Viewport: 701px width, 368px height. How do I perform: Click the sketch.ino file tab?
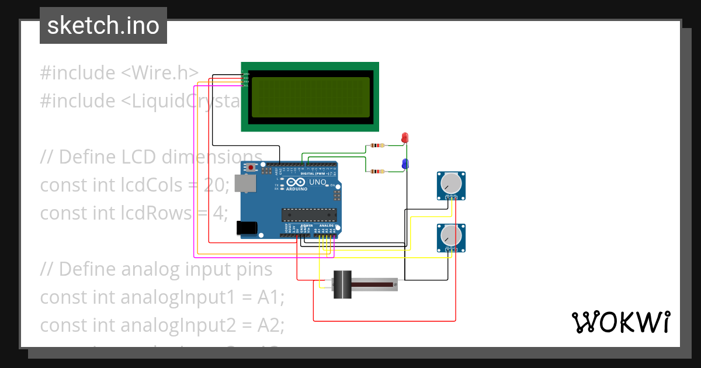click(x=103, y=26)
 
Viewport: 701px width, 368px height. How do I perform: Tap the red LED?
click(x=404, y=138)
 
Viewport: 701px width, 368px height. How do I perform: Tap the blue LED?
click(x=404, y=164)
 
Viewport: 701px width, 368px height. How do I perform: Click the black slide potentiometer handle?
click(x=342, y=284)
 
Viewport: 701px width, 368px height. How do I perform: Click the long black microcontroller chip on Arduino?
click(x=309, y=215)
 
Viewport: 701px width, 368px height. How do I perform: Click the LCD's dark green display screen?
click(x=310, y=97)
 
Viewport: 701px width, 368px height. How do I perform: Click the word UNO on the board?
click(x=317, y=182)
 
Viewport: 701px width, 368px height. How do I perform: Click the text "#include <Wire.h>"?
click(x=119, y=73)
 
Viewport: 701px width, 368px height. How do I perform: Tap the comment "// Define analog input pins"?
click(x=156, y=269)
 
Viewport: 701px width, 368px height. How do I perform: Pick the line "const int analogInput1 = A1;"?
click(x=162, y=297)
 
